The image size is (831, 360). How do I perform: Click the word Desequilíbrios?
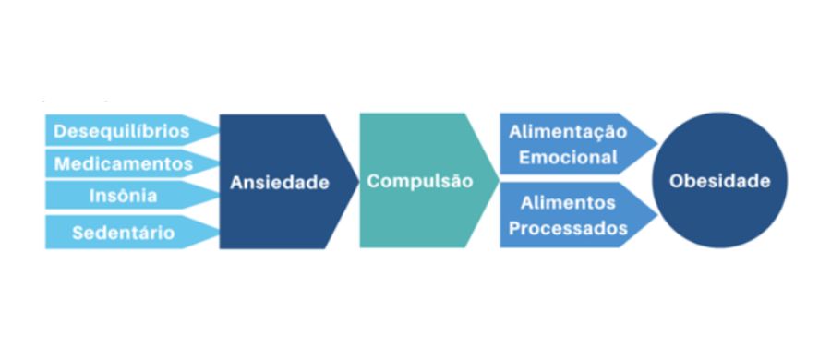pyautogui.click(x=121, y=131)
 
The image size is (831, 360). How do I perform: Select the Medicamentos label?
pyautogui.click(x=124, y=164)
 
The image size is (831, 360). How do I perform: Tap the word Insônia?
pyautogui.click(x=124, y=196)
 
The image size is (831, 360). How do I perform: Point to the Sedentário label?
pyautogui.click(x=123, y=233)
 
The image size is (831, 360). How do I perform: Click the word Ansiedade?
pyautogui.click(x=279, y=183)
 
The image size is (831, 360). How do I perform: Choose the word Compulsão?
pyautogui.click(x=419, y=181)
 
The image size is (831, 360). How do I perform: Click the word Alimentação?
pyautogui.click(x=567, y=132)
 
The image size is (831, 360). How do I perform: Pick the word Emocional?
pyautogui.click(x=568, y=158)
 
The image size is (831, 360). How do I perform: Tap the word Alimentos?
pyautogui.click(x=568, y=202)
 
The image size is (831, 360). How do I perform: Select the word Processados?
pyautogui.click(x=568, y=228)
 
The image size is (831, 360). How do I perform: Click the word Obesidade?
pyautogui.click(x=719, y=181)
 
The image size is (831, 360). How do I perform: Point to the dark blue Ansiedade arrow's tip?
pyautogui.click(x=358, y=181)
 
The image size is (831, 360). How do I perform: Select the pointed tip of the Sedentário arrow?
pyautogui.click(x=219, y=233)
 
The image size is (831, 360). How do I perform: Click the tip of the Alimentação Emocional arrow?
pyautogui.click(x=656, y=144)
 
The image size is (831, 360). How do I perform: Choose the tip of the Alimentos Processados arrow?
pyautogui.click(x=656, y=216)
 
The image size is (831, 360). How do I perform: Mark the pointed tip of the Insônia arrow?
pyautogui.click(x=219, y=195)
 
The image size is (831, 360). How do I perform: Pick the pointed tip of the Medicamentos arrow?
pyautogui.click(x=219, y=163)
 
